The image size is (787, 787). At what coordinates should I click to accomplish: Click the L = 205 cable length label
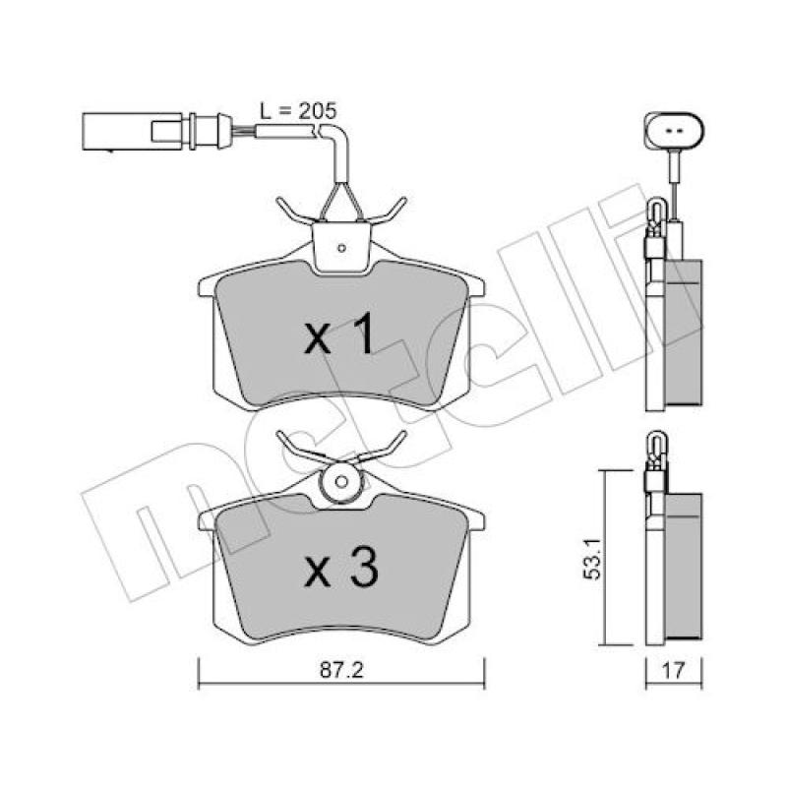pyautogui.click(x=298, y=111)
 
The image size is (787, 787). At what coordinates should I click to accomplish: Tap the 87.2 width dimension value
pyautogui.click(x=341, y=671)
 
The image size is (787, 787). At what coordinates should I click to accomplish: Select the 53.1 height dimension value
pyautogui.click(x=592, y=557)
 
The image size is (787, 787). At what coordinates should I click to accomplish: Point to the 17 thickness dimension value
pyautogui.click(x=674, y=671)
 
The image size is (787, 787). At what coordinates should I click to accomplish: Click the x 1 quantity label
pyautogui.click(x=339, y=333)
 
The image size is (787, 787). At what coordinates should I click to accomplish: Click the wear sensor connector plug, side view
pyautogui.click(x=156, y=131)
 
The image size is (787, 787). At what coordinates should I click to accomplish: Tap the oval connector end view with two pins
pyautogui.click(x=674, y=131)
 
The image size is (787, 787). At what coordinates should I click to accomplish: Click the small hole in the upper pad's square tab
pyautogui.click(x=341, y=248)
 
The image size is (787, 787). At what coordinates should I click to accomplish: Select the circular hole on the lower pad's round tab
pyautogui.click(x=341, y=482)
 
